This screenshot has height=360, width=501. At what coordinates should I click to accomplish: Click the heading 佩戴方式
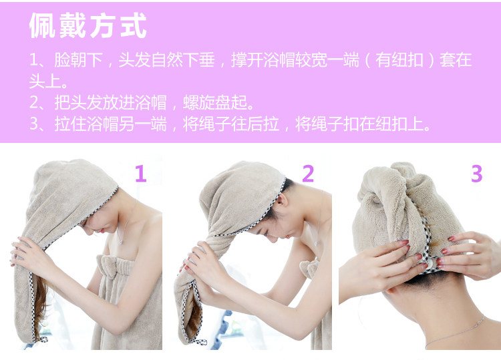tap(88, 25)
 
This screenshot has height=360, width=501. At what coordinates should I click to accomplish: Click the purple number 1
tap(140, 174)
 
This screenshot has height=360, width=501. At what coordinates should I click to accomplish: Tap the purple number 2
tap(308, 174)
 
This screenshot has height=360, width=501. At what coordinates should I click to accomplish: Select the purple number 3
tap(476, 174)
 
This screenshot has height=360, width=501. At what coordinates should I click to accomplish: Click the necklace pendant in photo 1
tap(121, 242)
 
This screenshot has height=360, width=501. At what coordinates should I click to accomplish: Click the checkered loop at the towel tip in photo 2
tap(200, 341)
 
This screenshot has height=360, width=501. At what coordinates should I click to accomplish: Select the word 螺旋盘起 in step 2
tap(214, 103)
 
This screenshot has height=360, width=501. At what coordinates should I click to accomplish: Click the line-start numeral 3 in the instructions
tap(33, 124)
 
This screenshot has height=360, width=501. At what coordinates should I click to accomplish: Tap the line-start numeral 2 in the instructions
tap(33, 103)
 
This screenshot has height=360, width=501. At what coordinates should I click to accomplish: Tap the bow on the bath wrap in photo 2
tap(309, 268)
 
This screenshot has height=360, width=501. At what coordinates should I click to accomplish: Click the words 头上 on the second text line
tap(45, 81)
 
